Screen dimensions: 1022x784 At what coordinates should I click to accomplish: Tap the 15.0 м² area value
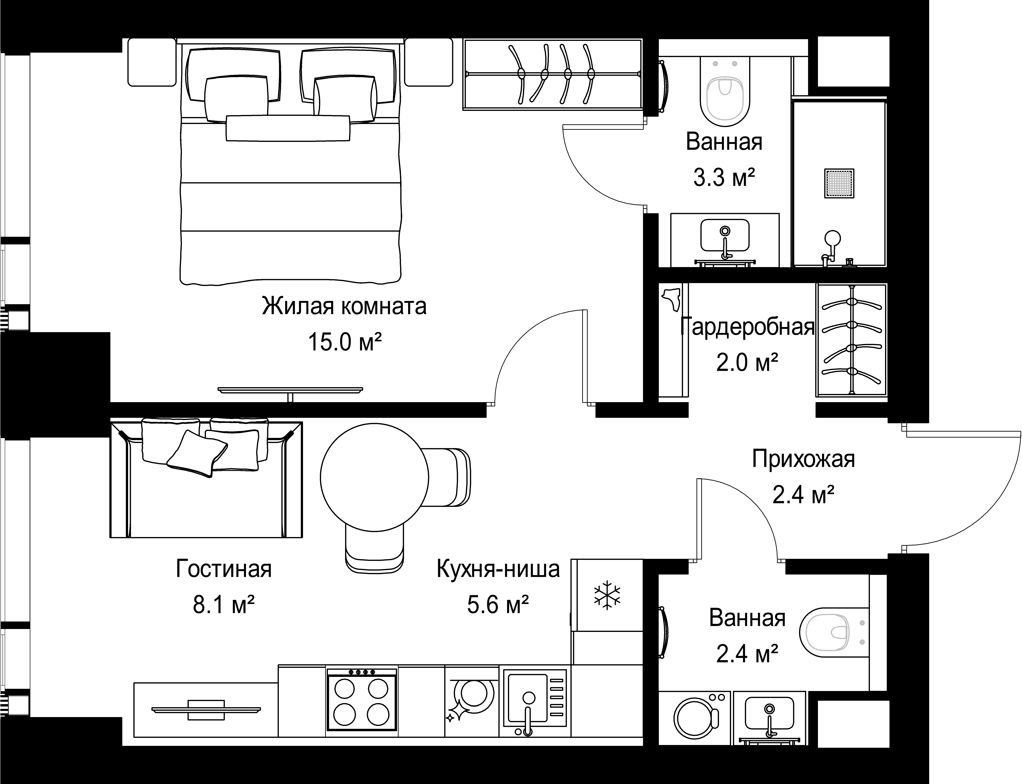click(345, 342)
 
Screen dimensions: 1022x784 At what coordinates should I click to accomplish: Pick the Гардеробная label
click(747, 327)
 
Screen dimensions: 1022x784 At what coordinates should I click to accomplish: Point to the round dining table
click(374, 477)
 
